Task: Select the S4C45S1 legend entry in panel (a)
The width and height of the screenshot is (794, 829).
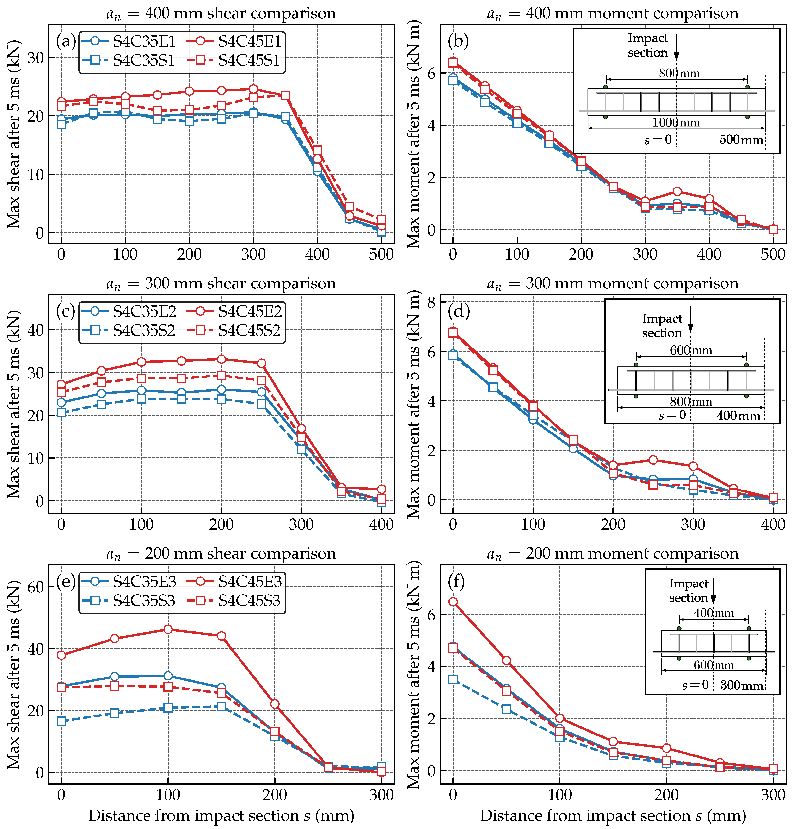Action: pos(234,60)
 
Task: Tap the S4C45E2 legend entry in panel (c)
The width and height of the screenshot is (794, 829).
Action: pos(234,311)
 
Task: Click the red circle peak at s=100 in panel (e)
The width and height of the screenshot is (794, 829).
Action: pos(168,629)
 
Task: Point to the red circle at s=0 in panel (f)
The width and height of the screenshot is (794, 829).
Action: pos(453,602)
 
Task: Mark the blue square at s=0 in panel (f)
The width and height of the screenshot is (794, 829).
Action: pos(453,679)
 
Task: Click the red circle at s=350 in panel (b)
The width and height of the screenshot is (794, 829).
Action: pos(677,191)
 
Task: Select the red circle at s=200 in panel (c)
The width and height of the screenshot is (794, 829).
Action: pos(221,359)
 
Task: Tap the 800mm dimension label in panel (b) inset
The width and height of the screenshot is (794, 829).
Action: pos(679,73)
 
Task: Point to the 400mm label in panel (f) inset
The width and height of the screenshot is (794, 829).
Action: pos(714,613)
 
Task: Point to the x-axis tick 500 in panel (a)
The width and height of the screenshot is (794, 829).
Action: pos(381,254)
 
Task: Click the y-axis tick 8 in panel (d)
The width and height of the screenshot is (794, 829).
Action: pos(431,303)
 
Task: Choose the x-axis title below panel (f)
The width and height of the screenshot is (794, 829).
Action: pos(613,815)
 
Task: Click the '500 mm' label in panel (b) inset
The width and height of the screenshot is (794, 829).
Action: pos(741,140)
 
